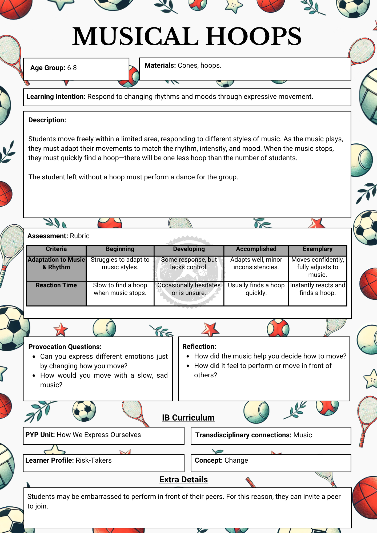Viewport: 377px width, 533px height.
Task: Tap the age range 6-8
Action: (x=72, y=68)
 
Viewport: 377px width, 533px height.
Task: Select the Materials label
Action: (x=160, y=66)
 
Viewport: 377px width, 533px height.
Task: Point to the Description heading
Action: (x=47, y=120)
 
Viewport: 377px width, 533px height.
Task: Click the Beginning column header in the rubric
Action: (x=120, y=249)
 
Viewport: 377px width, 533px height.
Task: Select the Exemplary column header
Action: (x=318, y=249)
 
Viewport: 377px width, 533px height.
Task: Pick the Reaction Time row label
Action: (x=56, y=285)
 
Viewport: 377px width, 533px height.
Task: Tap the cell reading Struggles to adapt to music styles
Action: (x=120, y=264)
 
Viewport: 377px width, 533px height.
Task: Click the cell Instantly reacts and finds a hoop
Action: (x=318, y=289)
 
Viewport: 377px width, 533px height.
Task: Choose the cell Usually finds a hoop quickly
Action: (x=256, y=289)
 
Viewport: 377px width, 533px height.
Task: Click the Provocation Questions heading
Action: (x=65, y=347)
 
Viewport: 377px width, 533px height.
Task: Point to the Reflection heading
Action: (x=199, y=347)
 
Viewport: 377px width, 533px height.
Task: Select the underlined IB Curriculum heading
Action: (x=188, y=418)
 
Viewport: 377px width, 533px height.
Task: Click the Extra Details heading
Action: (x=183, y=480)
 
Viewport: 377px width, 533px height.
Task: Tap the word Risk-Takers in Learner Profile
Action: (x=94, y=461)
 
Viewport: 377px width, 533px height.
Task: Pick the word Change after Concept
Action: (x=236, y=461)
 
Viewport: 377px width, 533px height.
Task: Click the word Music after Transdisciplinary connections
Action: (x=303, y=435)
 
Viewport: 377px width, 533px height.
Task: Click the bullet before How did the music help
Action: (x=188, y=357)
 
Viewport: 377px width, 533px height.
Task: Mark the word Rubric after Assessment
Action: (x=79, y=236)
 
